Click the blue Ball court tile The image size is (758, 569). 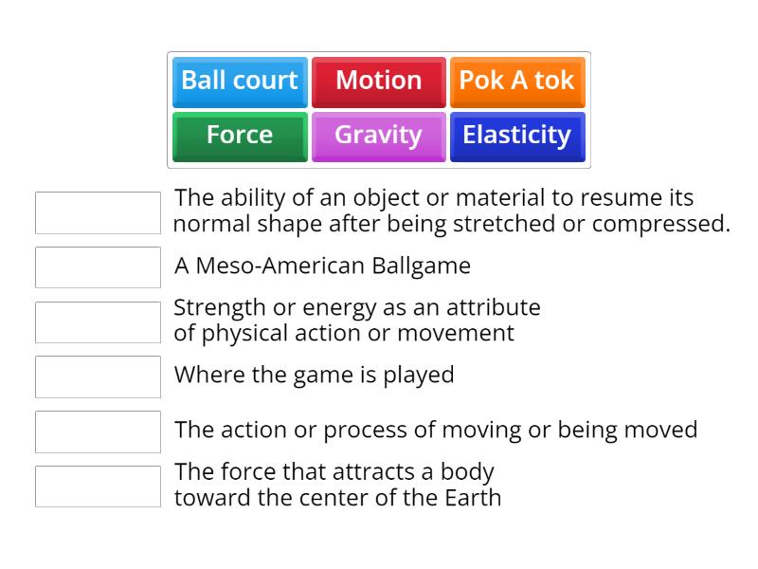pyautogui.click(x=240, y=82)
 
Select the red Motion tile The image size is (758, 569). pyautogui.click(x=378, y=82)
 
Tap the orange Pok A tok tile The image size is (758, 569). pyautogui.click(x=516, y=82)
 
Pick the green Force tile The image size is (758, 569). pyautogui.click(x=240, y=136)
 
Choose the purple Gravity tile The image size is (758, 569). pyautogui.click(x=378, y=136)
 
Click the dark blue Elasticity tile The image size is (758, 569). pyautogui.click(x=516, y=136)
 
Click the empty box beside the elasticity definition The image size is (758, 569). pyautogui.click(x=98, y=212)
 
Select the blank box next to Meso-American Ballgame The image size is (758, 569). pyautogui.click(x=98, y=267)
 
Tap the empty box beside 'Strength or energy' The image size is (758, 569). pyautogui.click(x=98, y=322)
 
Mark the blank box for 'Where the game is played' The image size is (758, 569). pyautogui.click(x=98, y=376)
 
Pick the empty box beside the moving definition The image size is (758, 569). pyautogui.click(x=98, y=431)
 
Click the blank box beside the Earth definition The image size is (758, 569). pyautogui.click(x=98, y=486)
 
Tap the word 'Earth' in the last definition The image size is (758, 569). pyautogui.click(x=471, y=497)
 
